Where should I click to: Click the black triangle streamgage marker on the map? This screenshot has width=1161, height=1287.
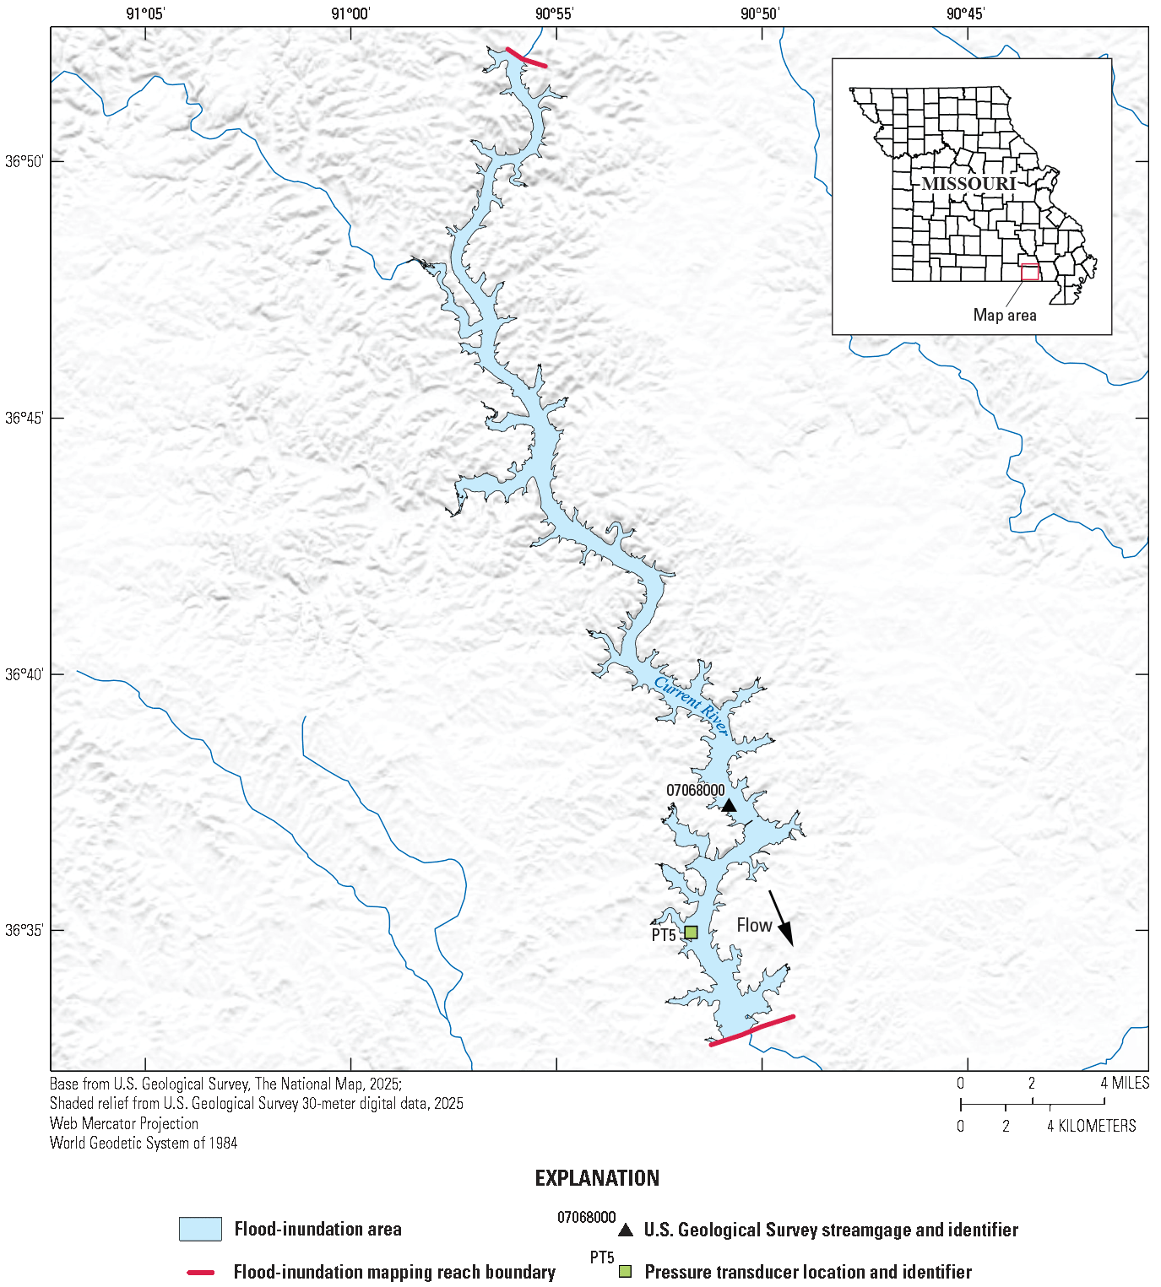(x=729, y=806)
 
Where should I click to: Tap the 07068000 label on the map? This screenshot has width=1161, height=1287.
(x=695, y=791)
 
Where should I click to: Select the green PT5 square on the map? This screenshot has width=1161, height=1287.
(x=691, y=933)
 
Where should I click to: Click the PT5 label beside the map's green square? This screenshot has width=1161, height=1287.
(x=664, y=935)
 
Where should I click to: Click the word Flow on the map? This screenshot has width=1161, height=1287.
(x=754, y=926)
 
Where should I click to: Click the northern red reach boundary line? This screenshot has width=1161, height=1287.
(x=526, y=57)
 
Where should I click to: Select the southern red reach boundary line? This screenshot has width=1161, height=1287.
(x=751, y=1030)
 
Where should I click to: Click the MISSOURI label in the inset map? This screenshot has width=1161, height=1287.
(x=968, y=184)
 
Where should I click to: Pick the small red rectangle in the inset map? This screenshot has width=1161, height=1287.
(x=1030, y=272)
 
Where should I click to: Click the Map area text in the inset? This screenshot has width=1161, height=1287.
(x=1005, y=315)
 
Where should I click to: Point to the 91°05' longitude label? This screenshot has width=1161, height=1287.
(x=145, y=14)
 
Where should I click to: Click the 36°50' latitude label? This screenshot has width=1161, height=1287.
(x=24, y=161)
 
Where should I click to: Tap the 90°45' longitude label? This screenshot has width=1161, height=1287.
(x=965, y=14)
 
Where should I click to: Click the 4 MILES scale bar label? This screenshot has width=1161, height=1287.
(x=1125, y=1083)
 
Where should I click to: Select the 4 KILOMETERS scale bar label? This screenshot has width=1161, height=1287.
(x=1092, y=1126)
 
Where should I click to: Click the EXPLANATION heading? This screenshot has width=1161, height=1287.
(x=597, y=1178)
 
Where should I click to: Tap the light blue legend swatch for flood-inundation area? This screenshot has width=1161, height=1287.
(x=200, y=1229)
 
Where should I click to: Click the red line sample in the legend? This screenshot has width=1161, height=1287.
(x=200, y=1272)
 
